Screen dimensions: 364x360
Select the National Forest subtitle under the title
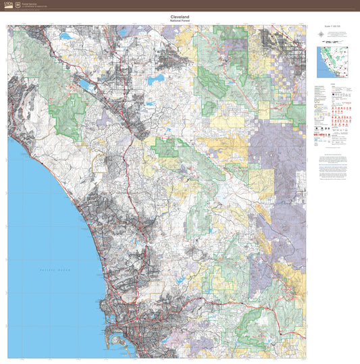[x=180, y=22]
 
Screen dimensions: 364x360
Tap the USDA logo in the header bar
[x=8, y=4]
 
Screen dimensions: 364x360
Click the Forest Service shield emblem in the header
[x=18, y=4]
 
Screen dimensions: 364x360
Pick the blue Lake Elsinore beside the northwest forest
[x=86, y=85]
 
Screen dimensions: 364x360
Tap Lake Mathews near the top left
[x=66, y=35]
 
